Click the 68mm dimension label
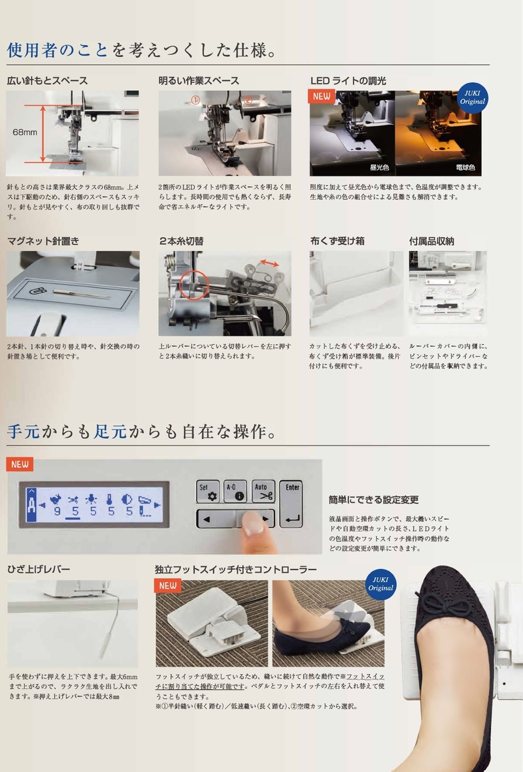[x=25, y=132]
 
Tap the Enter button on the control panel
[x=292, y=504]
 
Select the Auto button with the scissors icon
[x=263, y=491]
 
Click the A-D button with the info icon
[x=235, y=491]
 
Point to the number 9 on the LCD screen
[x=57, y=511]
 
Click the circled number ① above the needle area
[x=195, y=100]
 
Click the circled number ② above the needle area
[x=248, y=100]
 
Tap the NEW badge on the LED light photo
[x=322, y=96]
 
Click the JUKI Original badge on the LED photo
[x=472, y=97]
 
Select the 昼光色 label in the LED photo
[x=380, y=167]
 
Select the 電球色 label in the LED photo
[x=465, y=167]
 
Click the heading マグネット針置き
[x=43, y=241]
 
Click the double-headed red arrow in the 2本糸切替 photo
[x=269, y=263]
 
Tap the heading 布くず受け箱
[x=337, y=241]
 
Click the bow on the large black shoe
[x=440, y=602]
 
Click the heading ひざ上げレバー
[x=39, y=569]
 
